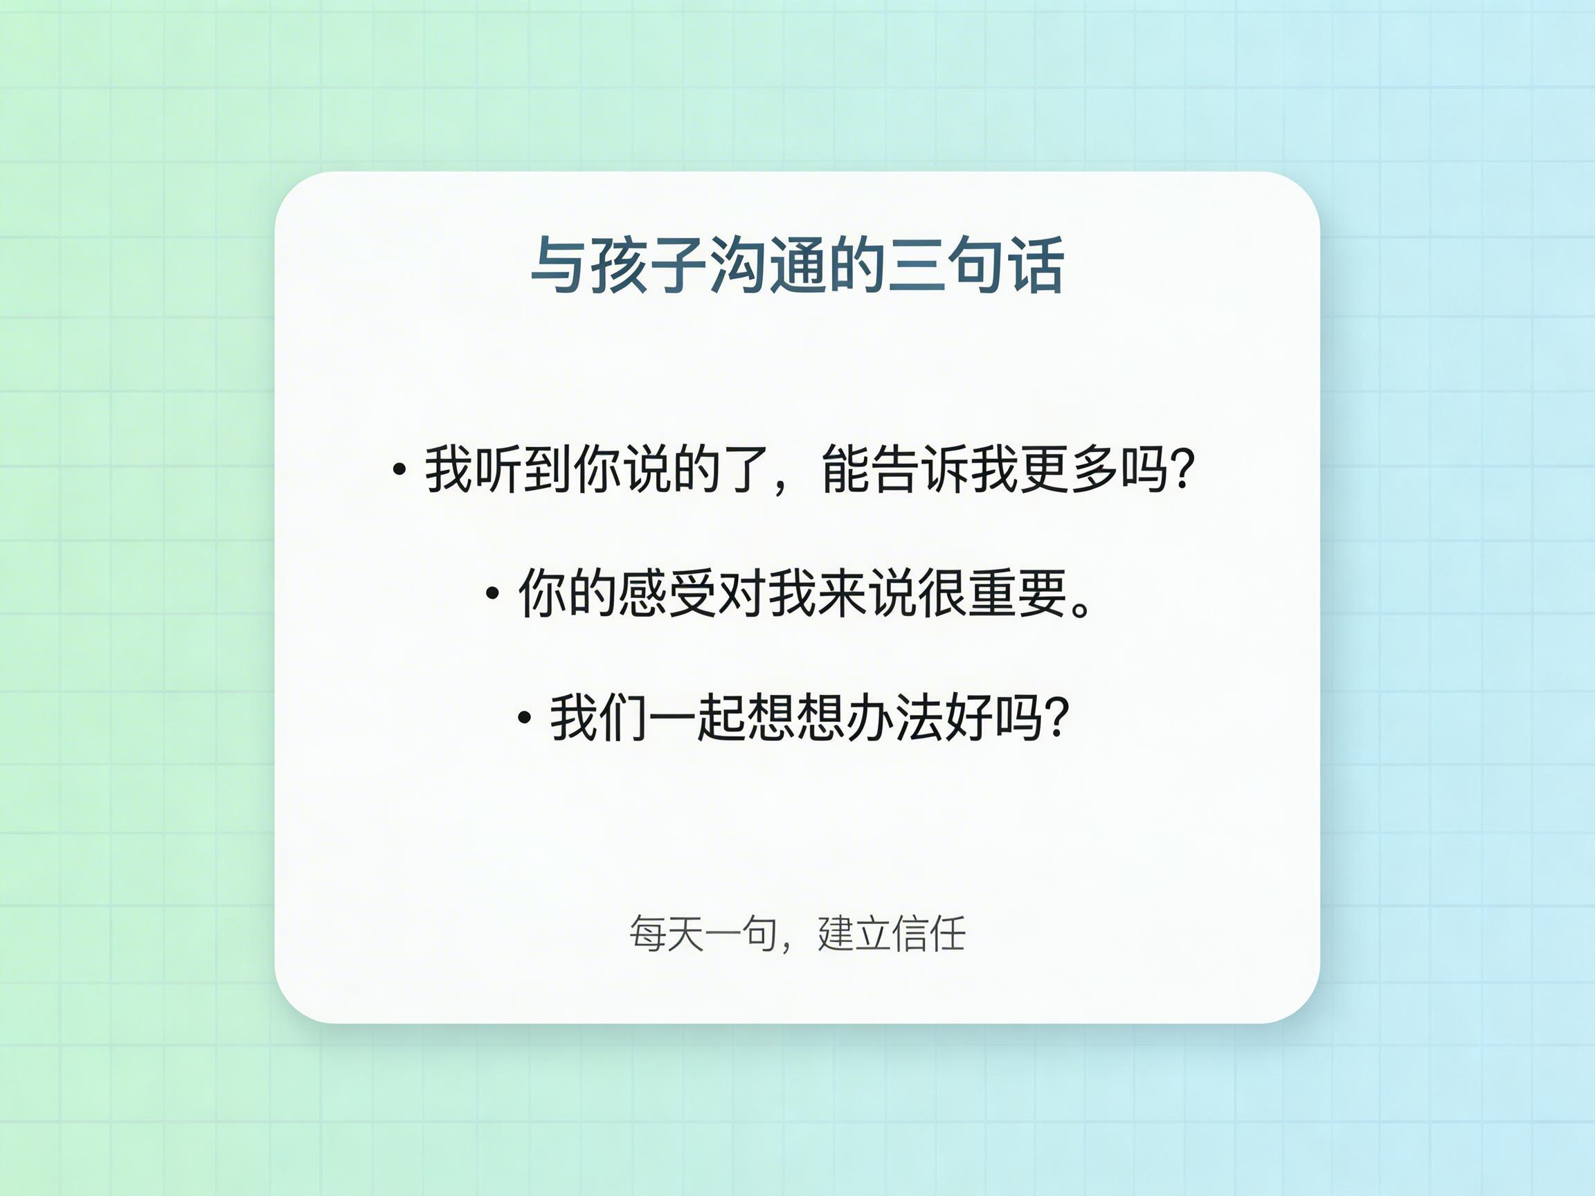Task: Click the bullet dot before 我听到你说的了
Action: (x=399, y=470)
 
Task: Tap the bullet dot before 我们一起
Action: (x=525, y=718)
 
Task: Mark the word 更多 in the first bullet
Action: (x=1045, y=469)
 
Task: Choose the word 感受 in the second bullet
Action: (x=642, y=593)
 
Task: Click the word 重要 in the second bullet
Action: (x=1018, y=593)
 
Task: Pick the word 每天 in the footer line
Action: (x=665, y=934)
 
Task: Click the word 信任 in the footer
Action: (x=929, y=934)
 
